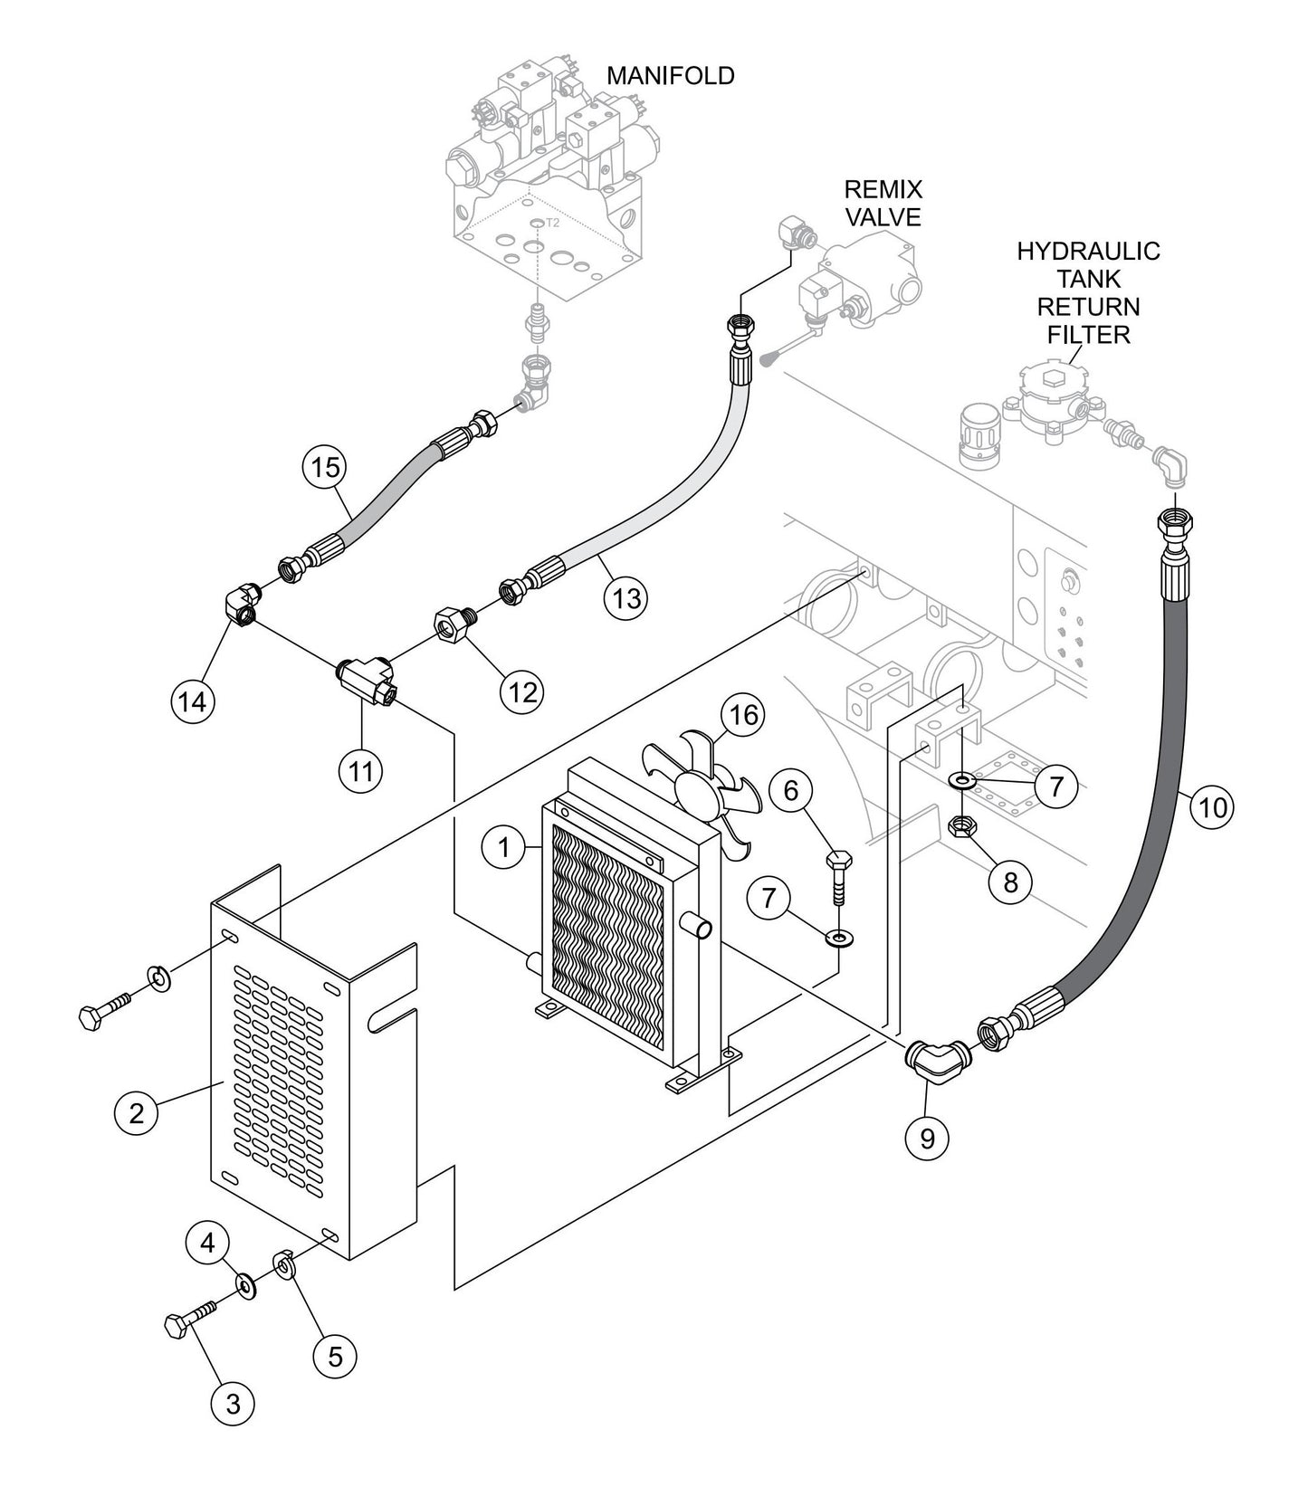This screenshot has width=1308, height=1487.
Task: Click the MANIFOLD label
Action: point(670,76)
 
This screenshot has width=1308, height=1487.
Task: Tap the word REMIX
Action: point(883,190)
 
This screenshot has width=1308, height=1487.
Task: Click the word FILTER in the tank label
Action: point(1088,335)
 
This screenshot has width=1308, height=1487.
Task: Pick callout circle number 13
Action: point(626,598)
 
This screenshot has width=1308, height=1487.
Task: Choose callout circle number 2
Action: point(137,1112)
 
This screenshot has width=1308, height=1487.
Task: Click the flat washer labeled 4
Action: point(245,1283)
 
